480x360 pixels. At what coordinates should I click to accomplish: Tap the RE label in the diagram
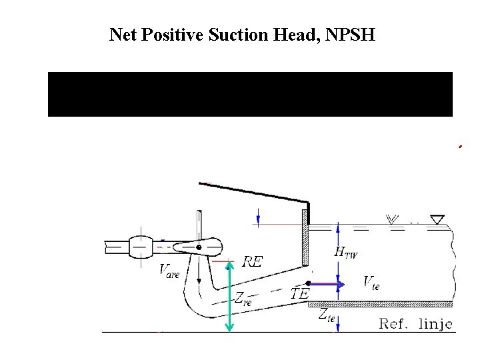coord(252,261)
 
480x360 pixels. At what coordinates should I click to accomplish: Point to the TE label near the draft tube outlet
coord(299,293)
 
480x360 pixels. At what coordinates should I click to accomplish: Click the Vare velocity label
coord(169,271)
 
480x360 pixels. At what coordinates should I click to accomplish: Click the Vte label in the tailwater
coord(371,282)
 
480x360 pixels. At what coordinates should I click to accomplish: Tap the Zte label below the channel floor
coord(326,315)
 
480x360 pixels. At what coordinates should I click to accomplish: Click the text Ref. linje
coord(416,324)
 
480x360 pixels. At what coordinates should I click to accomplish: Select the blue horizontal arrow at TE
coord(328,285)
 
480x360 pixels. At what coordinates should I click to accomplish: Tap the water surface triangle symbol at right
coord(437,219)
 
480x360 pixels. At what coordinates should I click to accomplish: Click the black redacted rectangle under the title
coord(250,94)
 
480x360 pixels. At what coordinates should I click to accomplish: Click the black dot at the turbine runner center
coord(199,248)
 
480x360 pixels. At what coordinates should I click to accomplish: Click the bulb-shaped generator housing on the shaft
coord(142,247)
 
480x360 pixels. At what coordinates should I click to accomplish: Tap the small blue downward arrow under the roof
coord(258,216)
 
